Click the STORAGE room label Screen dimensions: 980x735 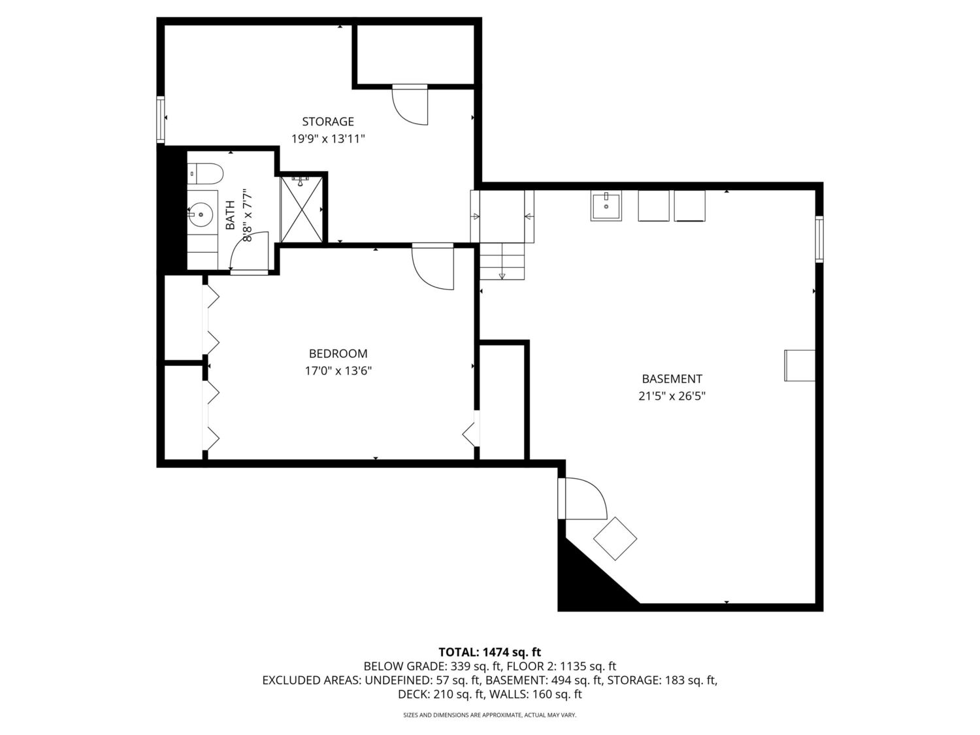[x=328, y=122]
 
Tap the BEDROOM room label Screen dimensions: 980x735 [x=338, y=353]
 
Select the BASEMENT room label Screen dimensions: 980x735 [x=672, y=379]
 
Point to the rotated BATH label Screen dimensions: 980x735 [x=230, y=215]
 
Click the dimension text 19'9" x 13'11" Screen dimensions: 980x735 [x=328, y=139]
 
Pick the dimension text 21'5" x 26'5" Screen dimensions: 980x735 [x=672, y=397]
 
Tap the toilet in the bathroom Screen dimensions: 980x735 [x=205, y=174]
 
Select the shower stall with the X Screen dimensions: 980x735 [x=302, y=209]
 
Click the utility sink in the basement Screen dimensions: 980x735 [x=606, y=205]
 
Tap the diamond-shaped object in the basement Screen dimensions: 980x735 [x=615, y=538]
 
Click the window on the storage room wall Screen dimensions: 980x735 [x=161, y=119]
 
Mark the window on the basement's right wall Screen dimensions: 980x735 [x=819, y=238]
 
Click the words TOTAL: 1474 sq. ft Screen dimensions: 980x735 [x=490, y=653]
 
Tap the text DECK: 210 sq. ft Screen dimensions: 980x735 [x=441, y=694]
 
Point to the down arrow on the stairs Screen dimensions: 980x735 [x=502, y=275]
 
